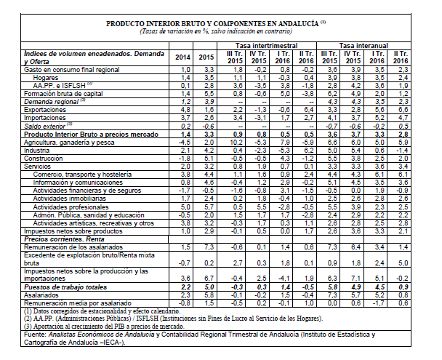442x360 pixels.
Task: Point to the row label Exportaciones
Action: click(44, 108)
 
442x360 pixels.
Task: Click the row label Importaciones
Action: click(44, 116)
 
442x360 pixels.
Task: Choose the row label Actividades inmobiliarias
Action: click(67, 197)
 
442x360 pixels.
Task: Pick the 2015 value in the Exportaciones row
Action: click(206, 109)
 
